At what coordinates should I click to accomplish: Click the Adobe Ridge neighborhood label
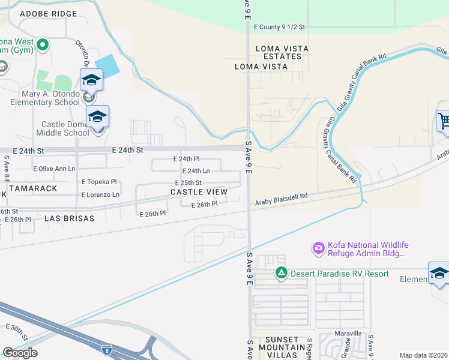49,13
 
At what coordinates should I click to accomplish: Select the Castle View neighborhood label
199,192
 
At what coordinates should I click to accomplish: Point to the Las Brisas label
70,219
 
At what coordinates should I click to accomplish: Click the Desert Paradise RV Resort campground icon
281,274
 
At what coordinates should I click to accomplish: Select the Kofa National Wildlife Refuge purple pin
318,247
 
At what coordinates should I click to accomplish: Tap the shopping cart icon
443,121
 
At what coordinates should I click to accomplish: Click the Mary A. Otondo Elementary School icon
92,80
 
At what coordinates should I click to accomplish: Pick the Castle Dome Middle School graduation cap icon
97,117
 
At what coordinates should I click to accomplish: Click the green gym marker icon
42,44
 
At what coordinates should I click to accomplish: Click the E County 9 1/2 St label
279,27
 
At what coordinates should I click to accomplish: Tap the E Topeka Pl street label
99,181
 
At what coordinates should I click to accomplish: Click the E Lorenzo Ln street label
100,195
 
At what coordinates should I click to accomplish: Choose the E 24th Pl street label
185,159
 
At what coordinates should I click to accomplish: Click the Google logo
20,352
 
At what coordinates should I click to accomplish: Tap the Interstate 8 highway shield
107,348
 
